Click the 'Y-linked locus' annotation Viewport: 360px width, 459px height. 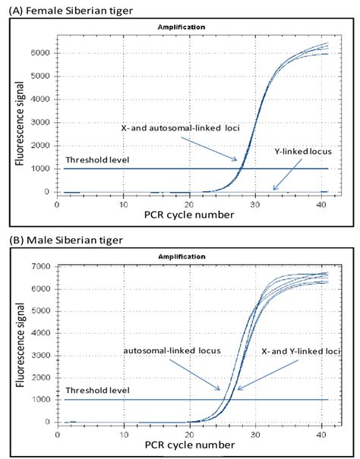(x=301, y=151)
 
